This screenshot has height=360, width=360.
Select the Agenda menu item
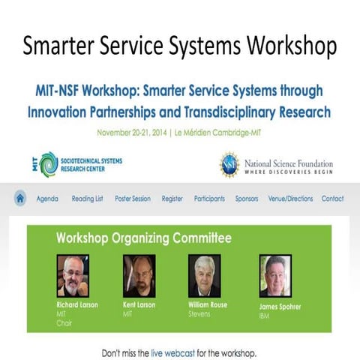coord(46,199)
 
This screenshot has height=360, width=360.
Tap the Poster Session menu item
coord(133,199)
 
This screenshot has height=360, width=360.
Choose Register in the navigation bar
coord(172,199)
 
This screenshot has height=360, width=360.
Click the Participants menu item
coord(209,199)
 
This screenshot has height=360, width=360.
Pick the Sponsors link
coord(247,199)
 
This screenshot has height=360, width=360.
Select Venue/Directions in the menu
coord(290,199)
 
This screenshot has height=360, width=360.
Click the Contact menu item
coord(332,199)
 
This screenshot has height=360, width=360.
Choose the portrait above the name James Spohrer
coord(274,276)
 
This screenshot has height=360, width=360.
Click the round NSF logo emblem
coord(229,163)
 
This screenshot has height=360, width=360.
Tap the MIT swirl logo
coord(49,163)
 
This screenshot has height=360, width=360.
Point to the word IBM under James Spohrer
coord(265,316)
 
